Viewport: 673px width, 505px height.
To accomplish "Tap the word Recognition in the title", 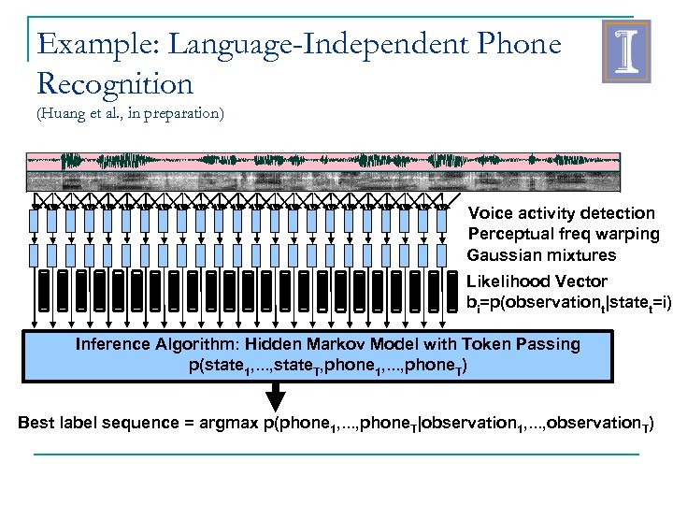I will point(115,84).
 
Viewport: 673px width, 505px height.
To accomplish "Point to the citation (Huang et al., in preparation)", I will point(130,115).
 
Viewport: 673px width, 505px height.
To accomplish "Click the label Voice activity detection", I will point(561,213).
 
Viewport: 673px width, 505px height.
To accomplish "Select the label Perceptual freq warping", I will point(563,234).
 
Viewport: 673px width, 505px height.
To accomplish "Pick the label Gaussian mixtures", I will point(541,255).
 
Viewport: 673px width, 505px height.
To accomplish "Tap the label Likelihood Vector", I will point(537,281).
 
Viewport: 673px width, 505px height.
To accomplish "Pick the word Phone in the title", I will point(516,44).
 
